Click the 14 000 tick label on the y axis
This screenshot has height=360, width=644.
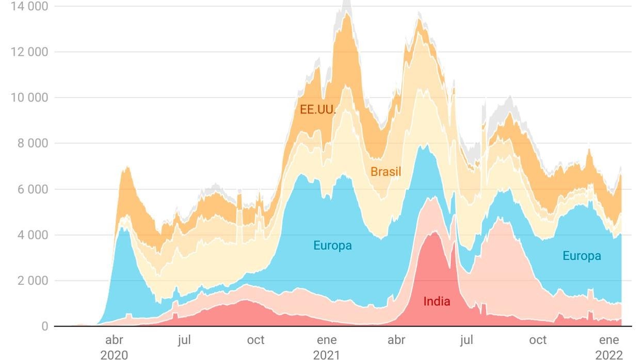point(29,6)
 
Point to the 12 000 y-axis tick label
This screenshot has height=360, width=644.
point(29,52)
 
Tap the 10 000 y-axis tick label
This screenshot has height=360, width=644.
point(29,98)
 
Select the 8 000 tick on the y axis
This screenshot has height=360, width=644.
point(33,143)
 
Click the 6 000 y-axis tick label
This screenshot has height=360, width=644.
point(33,189)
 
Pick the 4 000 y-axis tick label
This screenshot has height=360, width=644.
point(33,235)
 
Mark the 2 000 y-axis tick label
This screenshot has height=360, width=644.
point(33,281)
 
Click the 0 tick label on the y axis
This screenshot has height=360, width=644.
point(45,326)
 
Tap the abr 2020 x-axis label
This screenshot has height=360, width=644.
point(114,347)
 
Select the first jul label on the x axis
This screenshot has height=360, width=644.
point(185,340)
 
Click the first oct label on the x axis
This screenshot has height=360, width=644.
point(255,340)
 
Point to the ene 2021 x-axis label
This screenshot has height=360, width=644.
point(327,347)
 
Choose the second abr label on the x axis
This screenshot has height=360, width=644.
point(396,340)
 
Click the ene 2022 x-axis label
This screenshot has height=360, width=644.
point(609,347)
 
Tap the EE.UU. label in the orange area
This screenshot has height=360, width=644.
point(318,110)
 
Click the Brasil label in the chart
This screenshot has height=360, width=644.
point(386,172)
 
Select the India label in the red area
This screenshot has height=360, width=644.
point(437,301)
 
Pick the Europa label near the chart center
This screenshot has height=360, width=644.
point(332,246)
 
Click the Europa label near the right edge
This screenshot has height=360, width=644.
point(582,256)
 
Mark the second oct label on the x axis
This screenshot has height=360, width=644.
point(538,340)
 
